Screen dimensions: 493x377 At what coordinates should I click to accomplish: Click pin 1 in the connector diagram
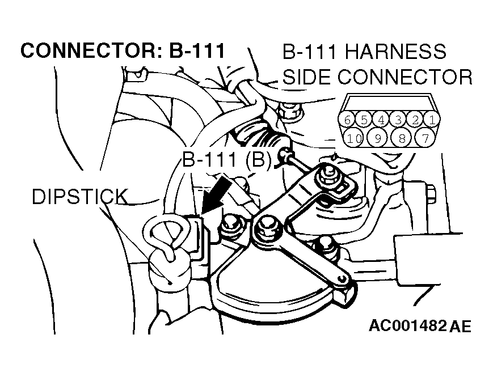click(432, 120)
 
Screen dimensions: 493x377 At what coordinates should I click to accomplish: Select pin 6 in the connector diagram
click(347, 120)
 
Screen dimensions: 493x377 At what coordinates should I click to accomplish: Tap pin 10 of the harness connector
click(353, 138)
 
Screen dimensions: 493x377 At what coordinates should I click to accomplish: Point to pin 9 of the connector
click(378, 138)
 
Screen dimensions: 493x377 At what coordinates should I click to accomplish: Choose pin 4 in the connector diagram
click(381, 120)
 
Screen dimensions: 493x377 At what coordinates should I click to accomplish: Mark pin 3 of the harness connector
click(398, 120)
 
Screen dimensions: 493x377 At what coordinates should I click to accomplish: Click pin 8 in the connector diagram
click(402, 138)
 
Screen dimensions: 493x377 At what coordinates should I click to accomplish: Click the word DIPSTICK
click(80, 197)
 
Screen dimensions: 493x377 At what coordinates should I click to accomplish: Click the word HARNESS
click(395, 51)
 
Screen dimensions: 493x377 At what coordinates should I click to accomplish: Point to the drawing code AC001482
click(408, 326)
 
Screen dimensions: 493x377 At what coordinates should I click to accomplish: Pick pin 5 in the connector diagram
click(364, 120)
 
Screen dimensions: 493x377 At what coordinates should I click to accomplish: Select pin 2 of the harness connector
click(415, 120)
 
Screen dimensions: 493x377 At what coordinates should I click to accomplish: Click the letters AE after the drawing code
click(461, 326)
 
